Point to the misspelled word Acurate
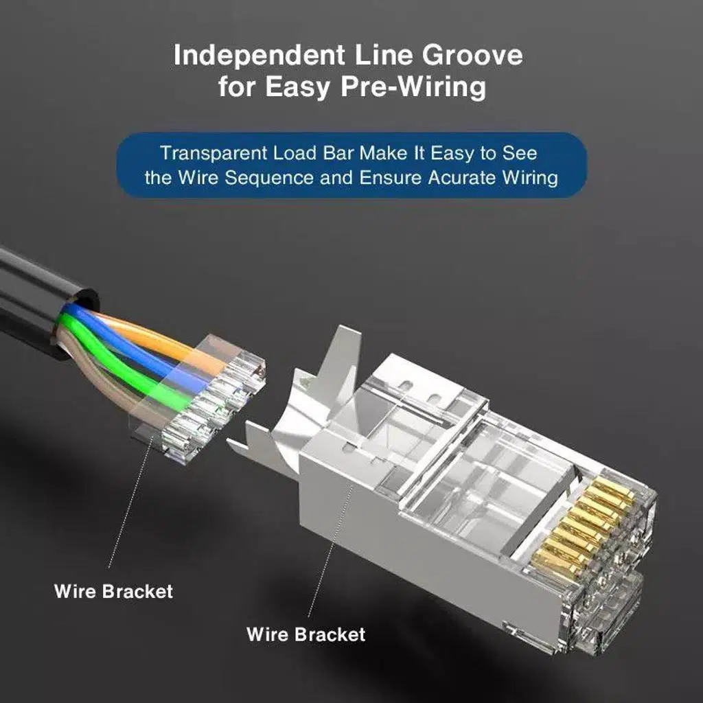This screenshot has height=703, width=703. (x=466, y=178)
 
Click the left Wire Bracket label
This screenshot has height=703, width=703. (x=114, y=590)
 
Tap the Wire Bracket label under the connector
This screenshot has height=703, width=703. (x=306, y=634)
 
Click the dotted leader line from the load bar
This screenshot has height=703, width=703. (x=130, y=508)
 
